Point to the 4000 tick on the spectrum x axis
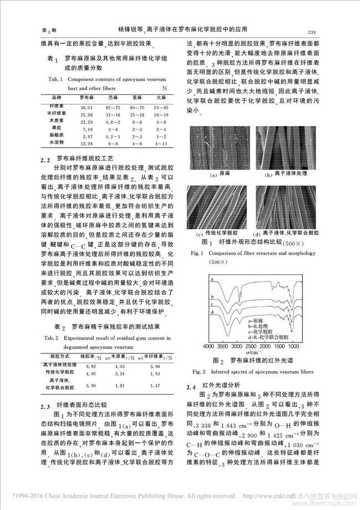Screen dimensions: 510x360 pos(209,346)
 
